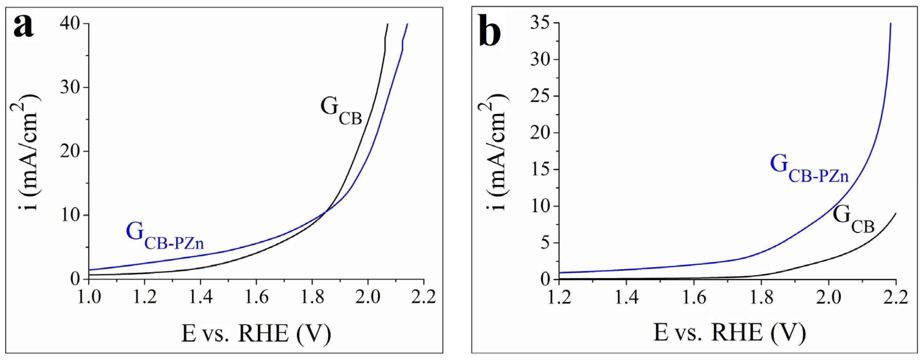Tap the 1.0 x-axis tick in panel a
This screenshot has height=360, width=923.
click(88, 297)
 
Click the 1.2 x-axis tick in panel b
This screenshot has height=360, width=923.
click(559, 297)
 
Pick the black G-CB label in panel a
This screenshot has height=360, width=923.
click(340, 110)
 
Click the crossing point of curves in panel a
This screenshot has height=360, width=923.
click(325, 212)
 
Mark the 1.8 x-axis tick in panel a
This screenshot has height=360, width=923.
click(312, 297)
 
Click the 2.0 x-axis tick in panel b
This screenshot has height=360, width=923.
click(828, 297)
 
